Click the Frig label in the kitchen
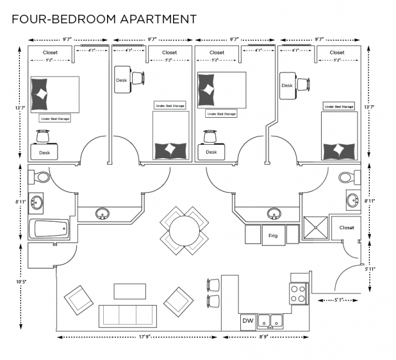pos(272,235)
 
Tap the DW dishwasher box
pos(247,320)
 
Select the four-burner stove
pos(298,293)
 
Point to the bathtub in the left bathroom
pos(48,227)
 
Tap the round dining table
pos(185,228)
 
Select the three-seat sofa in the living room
pos(128,316)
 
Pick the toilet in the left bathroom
pos(40,176)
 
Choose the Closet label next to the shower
pos(347,227)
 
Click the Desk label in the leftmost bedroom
pos(44,152)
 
